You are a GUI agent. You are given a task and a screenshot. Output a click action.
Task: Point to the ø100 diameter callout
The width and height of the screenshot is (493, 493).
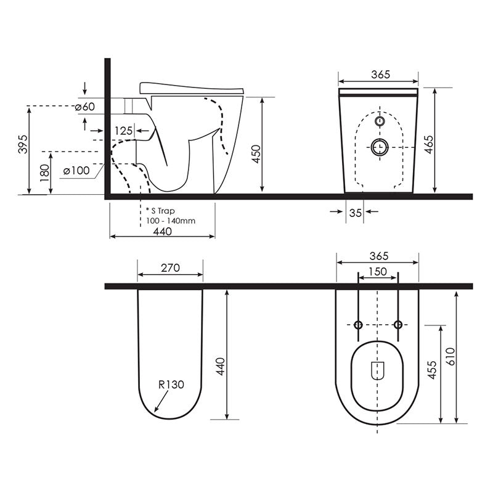[x=77, y=170]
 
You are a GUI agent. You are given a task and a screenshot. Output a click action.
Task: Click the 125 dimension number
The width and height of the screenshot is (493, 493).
[x=124, y=131]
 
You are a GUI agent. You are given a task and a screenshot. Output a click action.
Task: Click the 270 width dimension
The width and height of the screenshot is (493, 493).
[x=170, y=267]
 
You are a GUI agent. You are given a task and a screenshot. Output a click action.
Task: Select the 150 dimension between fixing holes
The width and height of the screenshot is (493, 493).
[x=378, y=272]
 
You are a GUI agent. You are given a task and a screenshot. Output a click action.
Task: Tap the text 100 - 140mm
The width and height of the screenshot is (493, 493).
[x=171, y=221]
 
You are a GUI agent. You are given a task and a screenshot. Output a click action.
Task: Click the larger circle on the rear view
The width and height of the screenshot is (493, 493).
[x=379, y=147]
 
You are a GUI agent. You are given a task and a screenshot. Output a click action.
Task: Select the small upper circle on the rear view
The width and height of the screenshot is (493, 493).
[x=379, y=121]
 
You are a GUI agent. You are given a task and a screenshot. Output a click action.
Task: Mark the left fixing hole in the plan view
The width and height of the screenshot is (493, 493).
[x=358, y=325]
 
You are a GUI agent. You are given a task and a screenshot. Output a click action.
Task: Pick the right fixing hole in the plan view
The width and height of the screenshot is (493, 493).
[x=398, y=325]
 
